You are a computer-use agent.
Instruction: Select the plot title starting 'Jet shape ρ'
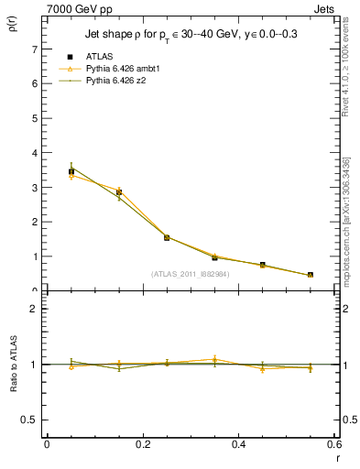pos(191,35)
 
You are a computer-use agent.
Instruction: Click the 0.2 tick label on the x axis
pos(142,444)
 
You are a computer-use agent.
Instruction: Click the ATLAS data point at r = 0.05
pos(71,171)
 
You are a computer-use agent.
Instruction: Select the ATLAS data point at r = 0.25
pos(167,237)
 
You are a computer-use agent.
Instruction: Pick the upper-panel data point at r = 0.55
pos(311,275)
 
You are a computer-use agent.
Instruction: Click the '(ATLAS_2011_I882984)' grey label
pos(190,273)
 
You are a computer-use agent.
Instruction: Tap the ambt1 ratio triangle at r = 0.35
pos(214,359)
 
